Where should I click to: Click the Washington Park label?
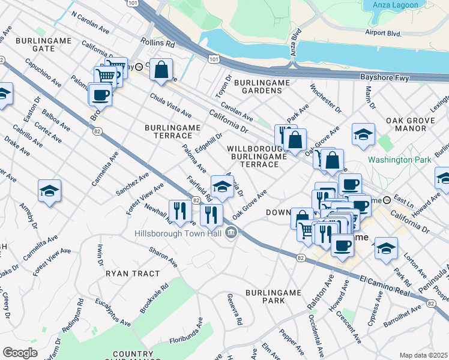click(x=399, y=160)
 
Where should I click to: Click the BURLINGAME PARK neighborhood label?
click(x=273, y=296)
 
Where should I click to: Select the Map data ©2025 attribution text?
click(x=423, y=355)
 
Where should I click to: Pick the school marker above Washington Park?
click(x=363, y=135)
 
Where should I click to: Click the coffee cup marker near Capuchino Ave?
click(x=100, y=94)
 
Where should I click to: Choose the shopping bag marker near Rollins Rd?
click(x=161, y=70)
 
